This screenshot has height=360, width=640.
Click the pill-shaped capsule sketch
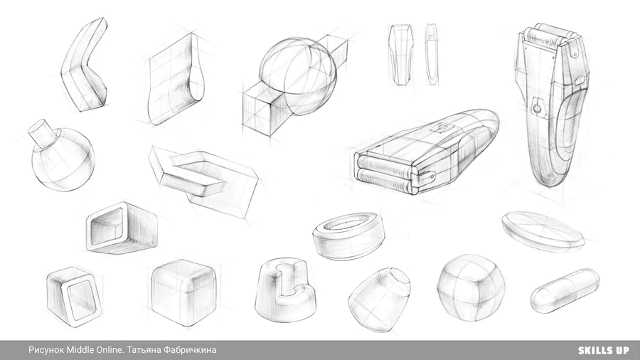click(x=565, y=291)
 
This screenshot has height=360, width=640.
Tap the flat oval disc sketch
click(x=543, y=230)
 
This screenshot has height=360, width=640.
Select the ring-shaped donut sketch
click(x=348, y=236)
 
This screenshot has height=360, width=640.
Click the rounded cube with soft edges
click(x=183, y=292)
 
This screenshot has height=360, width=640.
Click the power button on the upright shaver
click(x=537, y=107)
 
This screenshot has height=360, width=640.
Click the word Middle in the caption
click(x=80, y=350)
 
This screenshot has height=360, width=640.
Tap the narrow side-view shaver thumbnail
click(x=432, y=54)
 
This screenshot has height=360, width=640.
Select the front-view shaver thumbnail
click(x=400, y=54)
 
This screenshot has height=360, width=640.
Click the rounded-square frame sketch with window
click(x=74, y=297)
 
